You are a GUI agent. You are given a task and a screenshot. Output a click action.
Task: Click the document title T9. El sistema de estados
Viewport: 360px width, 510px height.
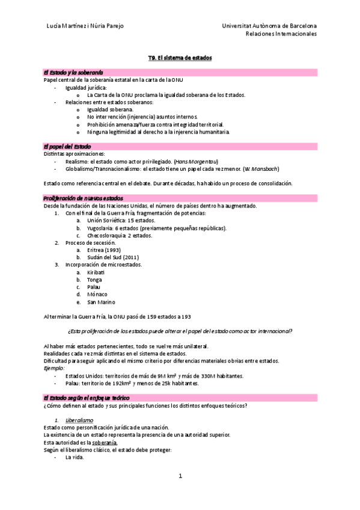pyautogui.click(x=180, y=58)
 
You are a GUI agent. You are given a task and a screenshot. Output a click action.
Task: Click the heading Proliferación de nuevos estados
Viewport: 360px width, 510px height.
pyautogui.click(x=83, y=198)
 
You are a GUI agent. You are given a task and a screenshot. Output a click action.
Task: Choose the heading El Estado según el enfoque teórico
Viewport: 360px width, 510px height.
pyautogui.click(x=86, y=381)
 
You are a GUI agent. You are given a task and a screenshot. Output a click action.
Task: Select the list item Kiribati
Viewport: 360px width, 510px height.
pyautogui.click(x=96, y=272)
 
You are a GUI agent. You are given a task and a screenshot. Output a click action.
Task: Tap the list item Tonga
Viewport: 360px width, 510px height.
pyautogui.click(x=94, y=280)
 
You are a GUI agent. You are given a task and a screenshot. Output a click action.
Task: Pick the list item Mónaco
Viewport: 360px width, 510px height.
pyautogui.click(x=97, y=294)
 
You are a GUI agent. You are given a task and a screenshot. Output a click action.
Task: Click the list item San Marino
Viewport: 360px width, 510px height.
pyautogui.click(x=100, y=302)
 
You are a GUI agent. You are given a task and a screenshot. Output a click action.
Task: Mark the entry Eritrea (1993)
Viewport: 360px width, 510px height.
pyautogui.click(x=104, y=250)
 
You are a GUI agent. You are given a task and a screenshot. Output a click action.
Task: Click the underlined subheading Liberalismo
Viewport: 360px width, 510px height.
pyautogui.click(x=79, y=420)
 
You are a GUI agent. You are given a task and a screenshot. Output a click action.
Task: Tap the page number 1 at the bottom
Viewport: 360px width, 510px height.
pyautogui.click(x=180, y=476)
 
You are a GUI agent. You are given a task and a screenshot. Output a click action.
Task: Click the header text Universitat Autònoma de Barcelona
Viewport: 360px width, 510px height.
pyautogui.click(x=269, y=26)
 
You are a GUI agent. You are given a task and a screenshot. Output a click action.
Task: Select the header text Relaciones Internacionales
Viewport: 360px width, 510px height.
pyautogui.click(x=281, y=34)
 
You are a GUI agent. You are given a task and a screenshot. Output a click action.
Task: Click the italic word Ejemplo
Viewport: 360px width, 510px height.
pyautogui.click(x=55, y=368)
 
